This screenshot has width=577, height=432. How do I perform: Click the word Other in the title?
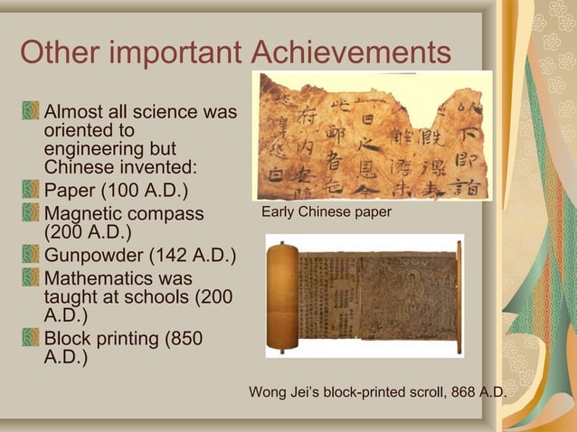[55, 52]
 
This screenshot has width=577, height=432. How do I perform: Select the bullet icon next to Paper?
[32, 191]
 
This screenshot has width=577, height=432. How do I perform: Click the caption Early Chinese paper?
[326, 212]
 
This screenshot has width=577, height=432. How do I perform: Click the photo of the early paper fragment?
[372, 136]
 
